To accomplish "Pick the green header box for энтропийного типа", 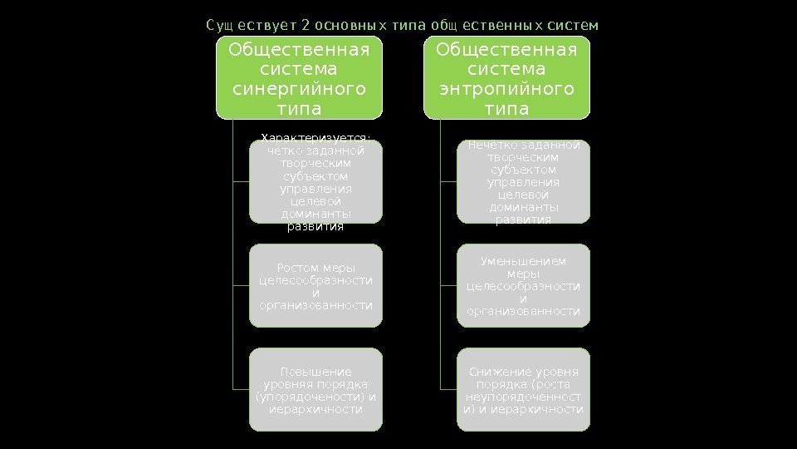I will point(506,76).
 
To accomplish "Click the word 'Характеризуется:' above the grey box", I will point(315,138).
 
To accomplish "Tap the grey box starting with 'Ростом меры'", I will point(315,286).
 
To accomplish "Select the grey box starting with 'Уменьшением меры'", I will point(523,286).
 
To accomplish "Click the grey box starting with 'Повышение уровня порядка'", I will point(315,390).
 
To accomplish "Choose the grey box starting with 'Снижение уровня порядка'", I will point(523,390).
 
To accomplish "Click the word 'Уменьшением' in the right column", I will point(523,261).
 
